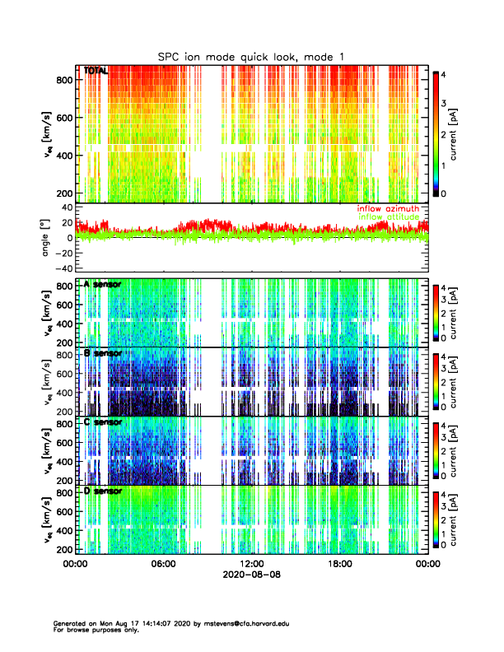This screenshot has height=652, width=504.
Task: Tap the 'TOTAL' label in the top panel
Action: point(96,72)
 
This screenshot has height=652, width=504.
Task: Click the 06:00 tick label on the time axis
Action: point(163,564)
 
